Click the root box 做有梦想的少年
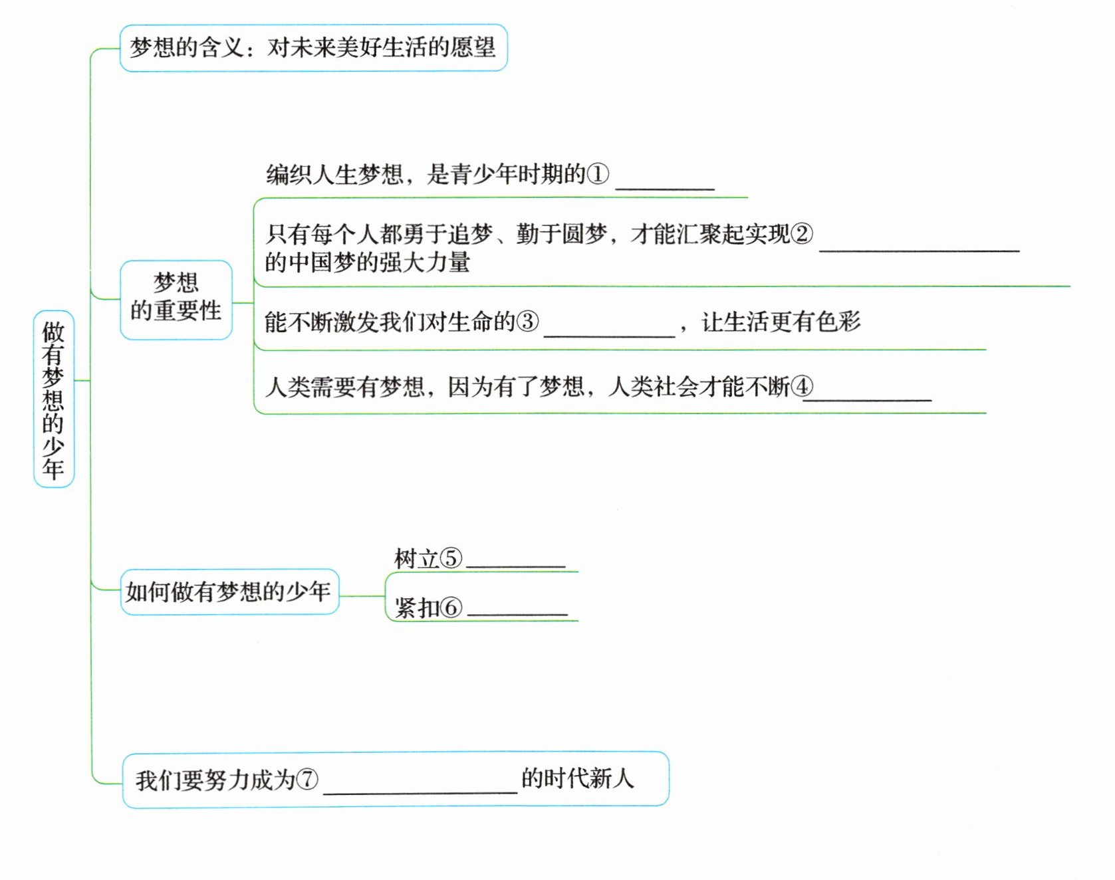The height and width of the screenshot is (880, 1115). (53, 399)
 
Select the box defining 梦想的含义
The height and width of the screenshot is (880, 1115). (312, 48)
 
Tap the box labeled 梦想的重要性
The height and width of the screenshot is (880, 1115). (176, 299)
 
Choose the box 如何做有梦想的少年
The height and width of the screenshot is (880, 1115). (229, 591)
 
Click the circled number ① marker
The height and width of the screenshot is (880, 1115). (597, 174)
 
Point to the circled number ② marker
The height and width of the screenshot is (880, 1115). (802, 233)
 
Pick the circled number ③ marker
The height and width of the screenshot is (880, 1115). (528, 322)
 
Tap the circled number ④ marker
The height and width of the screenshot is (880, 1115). (802, 386)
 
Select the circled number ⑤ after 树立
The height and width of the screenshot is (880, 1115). (451, 558)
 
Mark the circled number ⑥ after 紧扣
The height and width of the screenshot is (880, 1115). (451, 607)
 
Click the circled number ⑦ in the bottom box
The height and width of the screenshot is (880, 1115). (307, 779)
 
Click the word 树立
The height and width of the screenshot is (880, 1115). (416, 558)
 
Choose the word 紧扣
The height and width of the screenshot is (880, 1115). (416, 607)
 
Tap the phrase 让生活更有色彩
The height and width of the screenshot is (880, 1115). (781, 322)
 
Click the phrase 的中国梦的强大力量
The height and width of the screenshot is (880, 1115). (367, 262)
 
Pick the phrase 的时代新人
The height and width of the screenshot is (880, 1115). (577, 778)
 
